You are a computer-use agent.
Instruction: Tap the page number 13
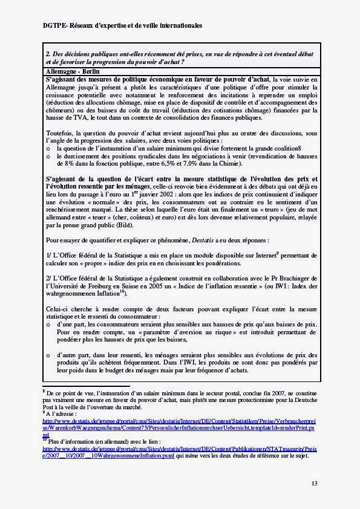pos(314,483)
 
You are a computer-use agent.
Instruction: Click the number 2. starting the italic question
pos(48,54)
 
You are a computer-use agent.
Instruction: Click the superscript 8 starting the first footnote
pos(44,391)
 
